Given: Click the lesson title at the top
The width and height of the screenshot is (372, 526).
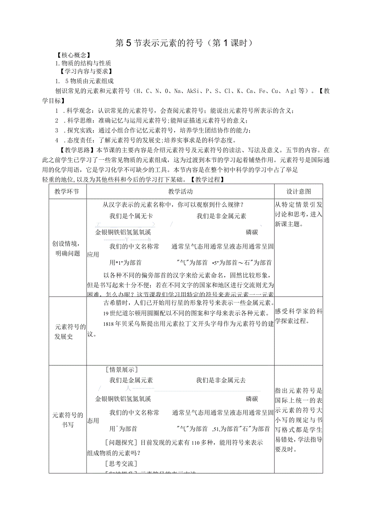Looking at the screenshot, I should (x=186, y=43).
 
